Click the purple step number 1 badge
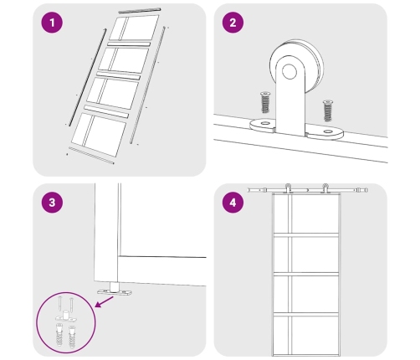tap(52, 23)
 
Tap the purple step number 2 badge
tap(233, 23)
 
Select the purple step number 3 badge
tap(52, 203)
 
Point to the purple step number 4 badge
tap(233, 203)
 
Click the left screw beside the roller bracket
tap(265, 102)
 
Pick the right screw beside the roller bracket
tap(328, 111)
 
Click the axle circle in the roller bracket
tap(289, 71)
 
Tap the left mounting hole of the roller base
tap(264, 123)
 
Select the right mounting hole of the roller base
tap(328, 131)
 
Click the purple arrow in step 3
tap(104, 301)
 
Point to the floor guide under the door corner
tap(115, 291)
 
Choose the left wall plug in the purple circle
tap(60, 335)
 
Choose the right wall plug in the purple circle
tap(72, 337)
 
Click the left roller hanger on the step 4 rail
tap(288, 188)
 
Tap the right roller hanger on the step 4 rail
tap(325, 188)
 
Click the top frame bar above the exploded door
tap(140, 10)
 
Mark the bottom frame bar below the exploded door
tap(91, 156)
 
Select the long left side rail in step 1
tap(88, 77)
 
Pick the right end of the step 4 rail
tap(366, 190)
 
